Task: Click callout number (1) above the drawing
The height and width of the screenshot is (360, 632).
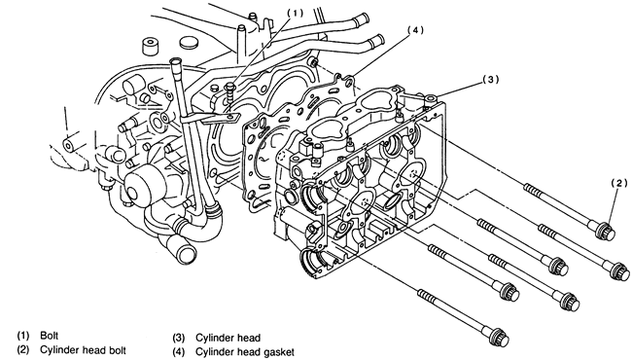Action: pos(295,13)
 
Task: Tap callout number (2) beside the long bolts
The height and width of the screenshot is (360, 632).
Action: pos(619,184)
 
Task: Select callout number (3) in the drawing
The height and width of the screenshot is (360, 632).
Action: pos(490,80)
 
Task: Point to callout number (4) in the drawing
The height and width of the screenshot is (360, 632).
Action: pos(415,30)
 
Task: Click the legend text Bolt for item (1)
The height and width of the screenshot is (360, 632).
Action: pos(50,336)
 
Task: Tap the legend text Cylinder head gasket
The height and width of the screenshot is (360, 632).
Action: pos(245,352)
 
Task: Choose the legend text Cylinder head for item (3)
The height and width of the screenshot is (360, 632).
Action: pos(228,338)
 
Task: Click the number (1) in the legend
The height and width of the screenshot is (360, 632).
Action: pos(23,336)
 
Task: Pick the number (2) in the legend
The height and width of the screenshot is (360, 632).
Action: pos(23,349)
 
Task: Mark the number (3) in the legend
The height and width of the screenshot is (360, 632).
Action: pos(179,338)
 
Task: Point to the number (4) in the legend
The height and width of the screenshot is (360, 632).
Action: pos(179,352)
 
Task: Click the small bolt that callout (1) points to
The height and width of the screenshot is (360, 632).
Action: pos(230,92)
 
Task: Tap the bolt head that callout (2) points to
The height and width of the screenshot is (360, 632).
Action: pos(606,231)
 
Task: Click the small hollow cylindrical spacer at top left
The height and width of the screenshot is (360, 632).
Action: pos(150,46)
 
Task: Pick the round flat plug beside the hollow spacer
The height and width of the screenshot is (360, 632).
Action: pos(188,43)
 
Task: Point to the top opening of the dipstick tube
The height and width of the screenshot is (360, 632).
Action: pos(175,61)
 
